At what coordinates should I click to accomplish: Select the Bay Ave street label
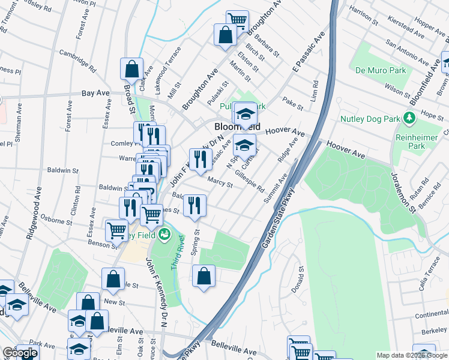pyautogui.click(x=95, y=94)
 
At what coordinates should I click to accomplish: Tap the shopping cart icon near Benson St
pyautogui.click(x=116, y=229)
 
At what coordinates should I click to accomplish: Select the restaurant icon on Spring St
pyautogui.click(x=194, y=204)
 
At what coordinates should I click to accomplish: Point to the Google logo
pyautogui.click(x=19, y=353)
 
